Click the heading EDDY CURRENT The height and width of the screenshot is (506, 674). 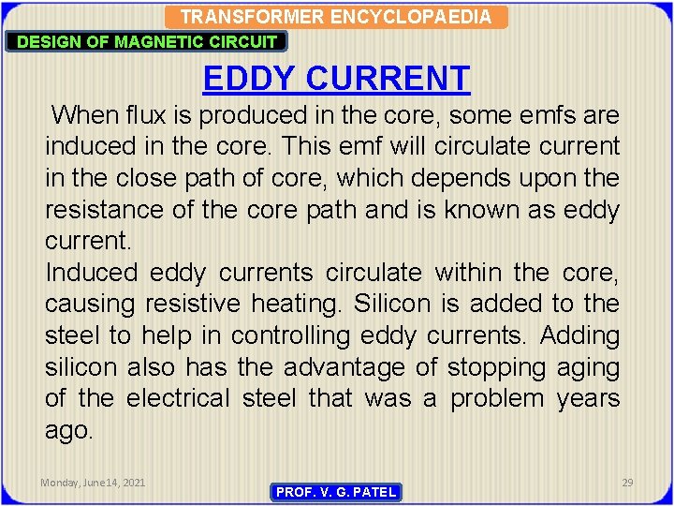pos(336,78)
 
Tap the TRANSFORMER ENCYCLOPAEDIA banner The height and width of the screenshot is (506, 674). pos(335,17)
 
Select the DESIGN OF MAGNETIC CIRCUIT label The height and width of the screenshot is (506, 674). pos(147,41)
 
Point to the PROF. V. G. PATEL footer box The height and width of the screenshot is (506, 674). pos(335,492)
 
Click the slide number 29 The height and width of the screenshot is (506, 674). pos(627,482)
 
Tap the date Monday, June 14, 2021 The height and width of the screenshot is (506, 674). pos(93,482)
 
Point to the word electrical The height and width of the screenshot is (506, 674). pos(177,398)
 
